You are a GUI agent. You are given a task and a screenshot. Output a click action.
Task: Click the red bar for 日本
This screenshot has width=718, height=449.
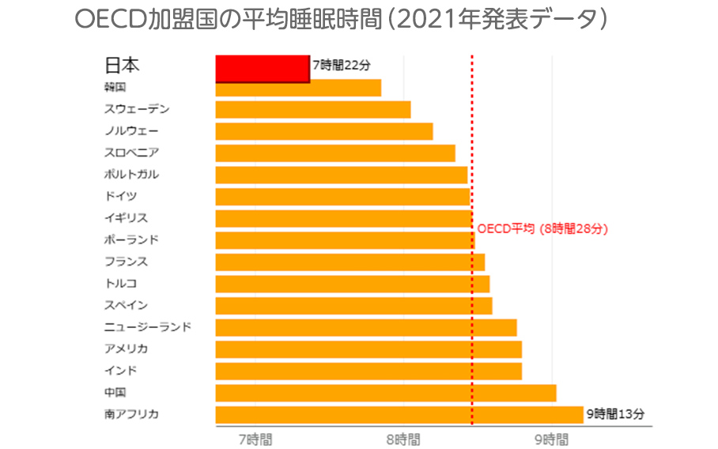pyautogui.click(x=262, y=69)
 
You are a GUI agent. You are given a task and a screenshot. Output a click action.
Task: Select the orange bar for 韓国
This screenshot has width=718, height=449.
pyautogui.click(x=298, y=88)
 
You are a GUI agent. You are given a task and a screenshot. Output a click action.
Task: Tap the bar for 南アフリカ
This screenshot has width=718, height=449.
pyautogui.click(x=399, y=414)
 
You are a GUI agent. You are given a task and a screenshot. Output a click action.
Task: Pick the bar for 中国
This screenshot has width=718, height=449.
pyautogui.click(x=385, y=393)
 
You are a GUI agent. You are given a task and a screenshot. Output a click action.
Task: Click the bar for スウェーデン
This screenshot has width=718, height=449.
pyautogui.click(x=312, y=110)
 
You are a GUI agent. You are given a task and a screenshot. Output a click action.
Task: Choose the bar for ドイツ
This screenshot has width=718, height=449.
pyautogui.click(x=342, y=197)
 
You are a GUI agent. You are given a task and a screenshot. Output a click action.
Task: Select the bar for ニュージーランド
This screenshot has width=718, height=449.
pyautogui.click(x=365, y=327)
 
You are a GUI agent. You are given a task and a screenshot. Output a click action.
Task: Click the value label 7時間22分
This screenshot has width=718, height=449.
pyautogui.click(x=341, y=66)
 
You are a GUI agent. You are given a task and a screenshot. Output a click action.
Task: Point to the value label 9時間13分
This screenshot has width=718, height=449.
pyautogui.click(x=615, y=413)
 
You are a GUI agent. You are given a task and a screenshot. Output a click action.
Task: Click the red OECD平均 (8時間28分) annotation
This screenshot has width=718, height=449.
pyautogui.click(x=542, y=229)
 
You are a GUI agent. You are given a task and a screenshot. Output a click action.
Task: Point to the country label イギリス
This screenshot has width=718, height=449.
pyautogui.click(x=126, y=218)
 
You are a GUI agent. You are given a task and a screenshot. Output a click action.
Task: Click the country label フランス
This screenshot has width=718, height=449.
pyautogui.click(x=126, y=262)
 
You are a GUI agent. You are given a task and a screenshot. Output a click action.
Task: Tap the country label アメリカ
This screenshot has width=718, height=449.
pyautogui.click(x=126, y=349)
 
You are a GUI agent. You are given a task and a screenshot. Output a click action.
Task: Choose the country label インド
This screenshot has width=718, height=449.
pyautogui.click(x=120, y=370)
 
